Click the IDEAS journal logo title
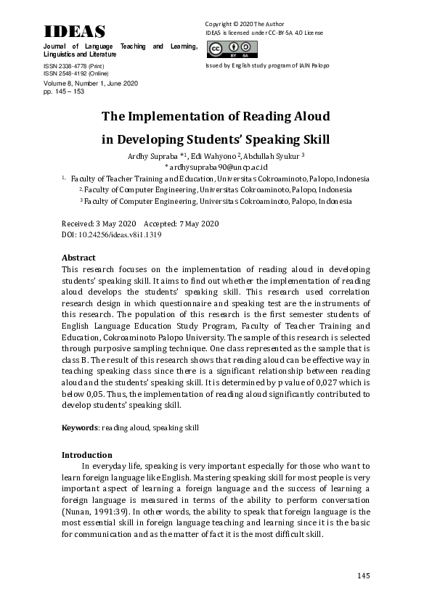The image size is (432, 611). (74, 31)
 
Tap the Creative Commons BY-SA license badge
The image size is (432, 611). (222, 49)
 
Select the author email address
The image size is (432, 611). (216, 167)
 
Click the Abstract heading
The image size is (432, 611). (78, 258)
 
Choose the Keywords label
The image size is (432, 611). (80, 428)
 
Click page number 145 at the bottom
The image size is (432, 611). (364, 575)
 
